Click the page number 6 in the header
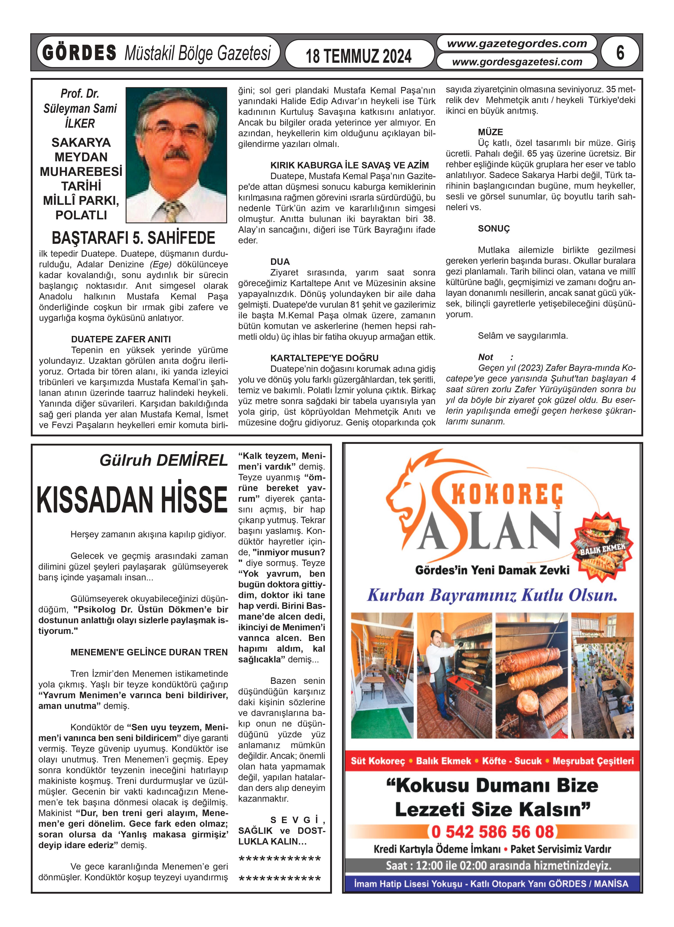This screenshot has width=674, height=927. (x=620, y=53)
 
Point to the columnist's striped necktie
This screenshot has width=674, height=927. (x=174, y=211)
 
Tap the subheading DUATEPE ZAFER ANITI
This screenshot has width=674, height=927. (x=121, y=339)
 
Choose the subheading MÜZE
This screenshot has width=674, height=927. (x=490, y=132)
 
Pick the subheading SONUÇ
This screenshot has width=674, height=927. (x=494, y=228)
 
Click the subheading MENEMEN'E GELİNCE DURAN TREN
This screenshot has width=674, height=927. (x=149, y=652)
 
